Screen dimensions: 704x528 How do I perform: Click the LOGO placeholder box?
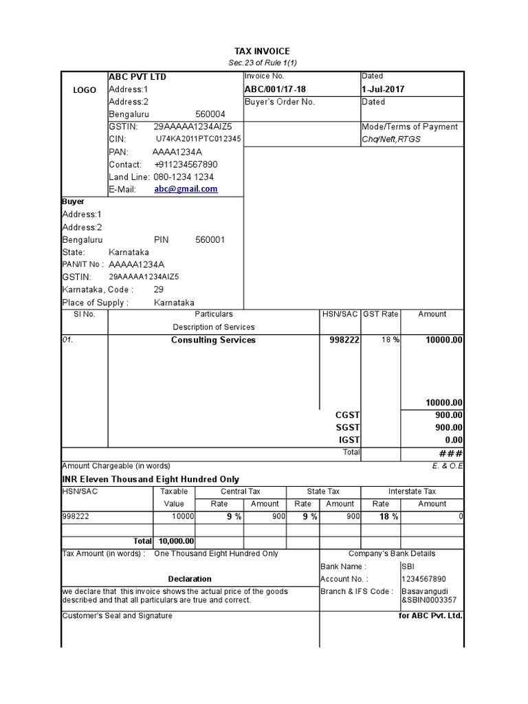[85, 90]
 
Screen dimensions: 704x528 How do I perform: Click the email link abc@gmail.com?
[186, 189]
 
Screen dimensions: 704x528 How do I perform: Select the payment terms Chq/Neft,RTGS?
[391, 140]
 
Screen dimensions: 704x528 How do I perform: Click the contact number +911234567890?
[186, 164]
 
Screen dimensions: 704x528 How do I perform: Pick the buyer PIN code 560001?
[210, 240]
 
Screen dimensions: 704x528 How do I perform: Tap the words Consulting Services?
[213, 340]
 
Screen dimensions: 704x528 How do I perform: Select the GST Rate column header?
[380, 314]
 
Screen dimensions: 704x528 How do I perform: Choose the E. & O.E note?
[449, 466]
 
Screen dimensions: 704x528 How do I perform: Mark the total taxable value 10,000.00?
[176, 542]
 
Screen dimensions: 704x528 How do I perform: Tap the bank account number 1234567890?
[423, 579]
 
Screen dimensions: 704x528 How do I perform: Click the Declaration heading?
[190, 579]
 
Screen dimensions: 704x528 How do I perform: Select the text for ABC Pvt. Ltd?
[430, 616]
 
